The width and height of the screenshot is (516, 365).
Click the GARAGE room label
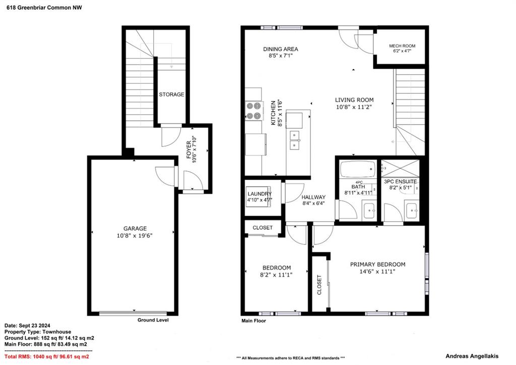pos(135,228)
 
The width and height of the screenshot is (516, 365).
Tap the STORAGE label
pos(171,94)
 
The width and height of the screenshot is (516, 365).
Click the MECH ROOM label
pos(402,46)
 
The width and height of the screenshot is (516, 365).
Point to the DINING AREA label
pos(281,49)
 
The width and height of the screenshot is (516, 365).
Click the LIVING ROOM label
pos(354,99)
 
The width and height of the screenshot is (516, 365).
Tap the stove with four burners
pos(254,111)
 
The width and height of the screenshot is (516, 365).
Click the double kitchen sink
pos(295,140)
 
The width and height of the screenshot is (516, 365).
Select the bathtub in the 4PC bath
pos(358,169)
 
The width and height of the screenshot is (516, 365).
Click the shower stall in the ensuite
pos(400,168)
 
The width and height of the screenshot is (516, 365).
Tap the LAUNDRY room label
pos(260,194)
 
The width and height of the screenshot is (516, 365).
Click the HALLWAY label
pos(313,197)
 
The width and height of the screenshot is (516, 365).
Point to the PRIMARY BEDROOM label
pos(377,265)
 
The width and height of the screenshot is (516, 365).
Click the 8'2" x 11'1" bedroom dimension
pos(277,275)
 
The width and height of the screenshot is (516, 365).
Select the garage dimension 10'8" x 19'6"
pos(135,236)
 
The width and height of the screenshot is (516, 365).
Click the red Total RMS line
pos(47,356)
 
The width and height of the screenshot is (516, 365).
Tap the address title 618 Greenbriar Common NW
pos(44,8)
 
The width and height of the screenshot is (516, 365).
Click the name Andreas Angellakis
pos(472,356)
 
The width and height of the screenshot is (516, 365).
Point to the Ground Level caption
pos(153,320)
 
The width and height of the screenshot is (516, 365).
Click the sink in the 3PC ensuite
pos(412,211)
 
